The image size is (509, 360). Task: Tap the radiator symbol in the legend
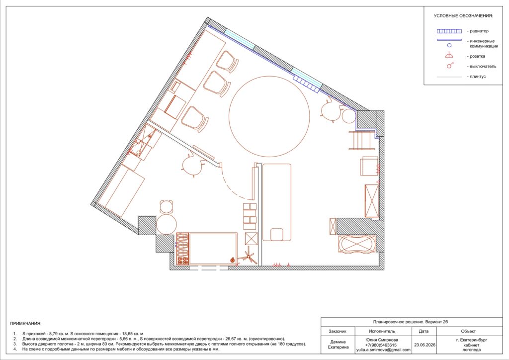(449, 31)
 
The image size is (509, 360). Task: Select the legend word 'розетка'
(478, 56)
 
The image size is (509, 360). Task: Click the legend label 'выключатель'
(483, 66)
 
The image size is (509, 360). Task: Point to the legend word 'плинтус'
(478, 77)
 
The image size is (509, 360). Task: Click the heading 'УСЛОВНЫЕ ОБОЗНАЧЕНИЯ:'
(463, 15)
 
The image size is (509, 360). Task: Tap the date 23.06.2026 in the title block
(424, 345)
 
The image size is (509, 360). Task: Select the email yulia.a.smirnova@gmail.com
(383, 350)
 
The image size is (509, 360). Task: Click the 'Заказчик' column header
(338, 331)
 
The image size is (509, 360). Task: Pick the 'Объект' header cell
(468, 331)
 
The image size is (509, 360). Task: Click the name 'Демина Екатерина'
(338, 344)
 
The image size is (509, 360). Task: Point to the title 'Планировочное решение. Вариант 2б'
(411, 322)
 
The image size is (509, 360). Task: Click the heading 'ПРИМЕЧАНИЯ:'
(26, 323)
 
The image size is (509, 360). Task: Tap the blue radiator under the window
(306, 82)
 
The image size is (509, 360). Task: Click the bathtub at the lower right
(356, 244)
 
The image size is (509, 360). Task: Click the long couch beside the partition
(276, 202)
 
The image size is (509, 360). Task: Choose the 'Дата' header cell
(424, 331)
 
